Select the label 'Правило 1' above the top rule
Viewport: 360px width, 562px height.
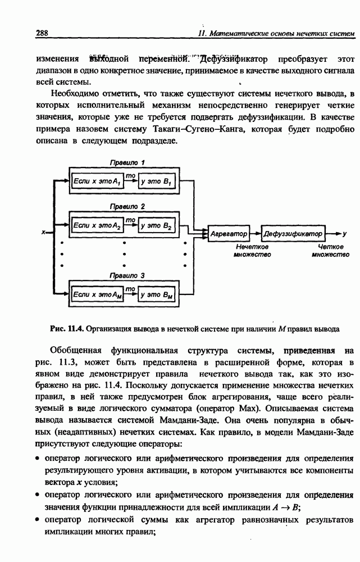(127, 162)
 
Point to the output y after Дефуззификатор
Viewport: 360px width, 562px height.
(344, 233)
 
